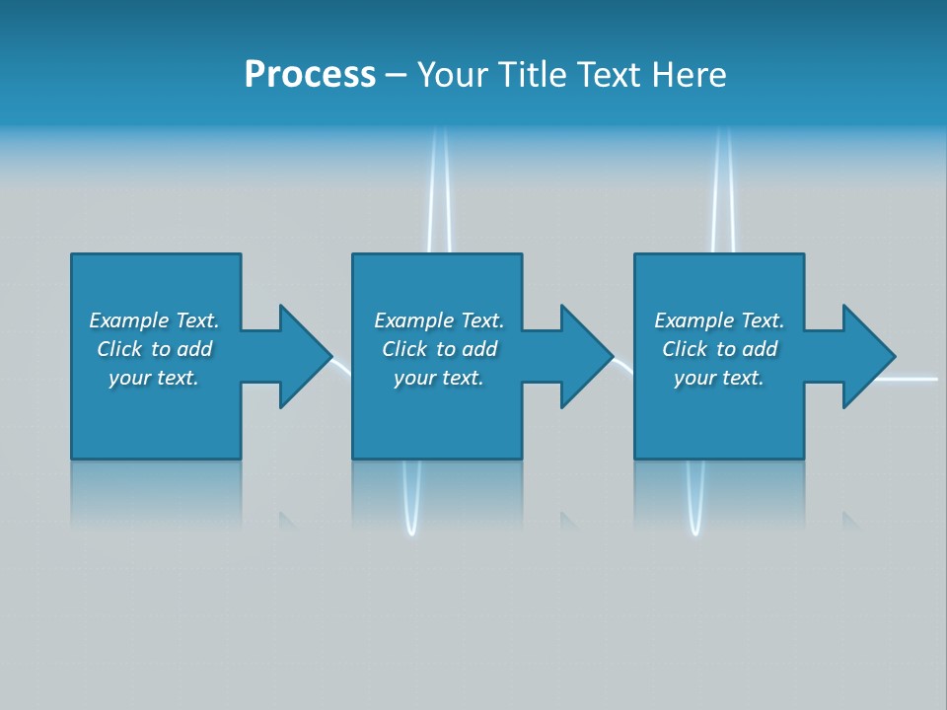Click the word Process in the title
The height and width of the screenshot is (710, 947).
(x=310, y=75)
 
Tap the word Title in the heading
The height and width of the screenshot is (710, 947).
(x=534, y=75)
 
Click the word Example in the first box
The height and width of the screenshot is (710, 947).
(x=129, y=320)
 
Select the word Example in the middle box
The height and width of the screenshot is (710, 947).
(x=414, y=320)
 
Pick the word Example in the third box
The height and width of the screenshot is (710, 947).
(x=694, y=320)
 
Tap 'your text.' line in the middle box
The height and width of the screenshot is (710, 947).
(x=438, y=378)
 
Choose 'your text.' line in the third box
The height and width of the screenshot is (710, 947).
(x=719, y=378)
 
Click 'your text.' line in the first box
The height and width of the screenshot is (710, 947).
(x=154, y=378)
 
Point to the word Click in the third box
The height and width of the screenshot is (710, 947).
(x=686, y=349)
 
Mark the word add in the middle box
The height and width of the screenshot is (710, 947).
(x=479, y=349)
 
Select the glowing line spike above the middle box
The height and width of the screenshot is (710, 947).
(x=439, y=187)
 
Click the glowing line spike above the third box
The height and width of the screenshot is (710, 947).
(x=723, y=187)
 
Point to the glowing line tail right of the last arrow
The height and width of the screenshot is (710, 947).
(x=917, y=378)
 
